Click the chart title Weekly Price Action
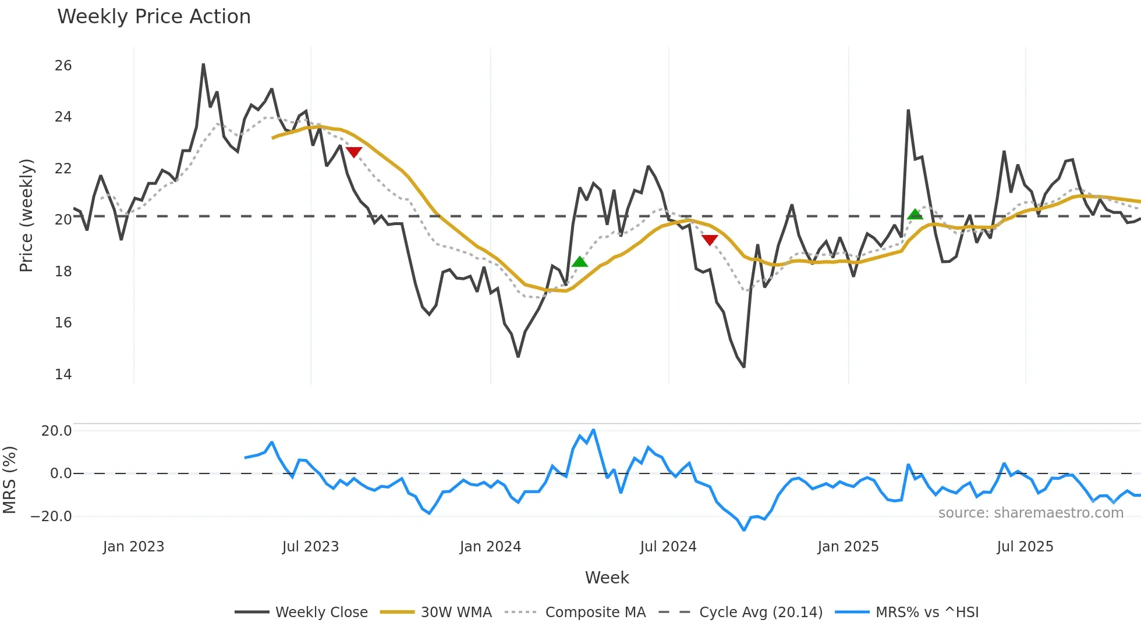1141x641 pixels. (x=154, y=17)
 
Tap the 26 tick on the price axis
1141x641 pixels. (x=63, y=66)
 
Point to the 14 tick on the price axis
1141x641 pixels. (x=63, y=374)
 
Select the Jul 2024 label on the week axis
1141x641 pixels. (x=668, y=547)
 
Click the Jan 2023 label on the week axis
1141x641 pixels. (x=133, y=547)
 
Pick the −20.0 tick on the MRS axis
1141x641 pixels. (x=51, y=516)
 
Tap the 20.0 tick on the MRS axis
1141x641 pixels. (x=56, y=431)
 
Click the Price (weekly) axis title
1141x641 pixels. (x=26, y=215)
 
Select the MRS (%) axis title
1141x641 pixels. (x=9, y=480)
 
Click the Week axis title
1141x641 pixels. (x=607, y=578)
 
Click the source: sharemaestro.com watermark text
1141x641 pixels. (x=1030, y=513)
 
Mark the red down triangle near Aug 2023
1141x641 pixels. (x=354, y=152)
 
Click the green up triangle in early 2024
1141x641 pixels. (x=580, y=262)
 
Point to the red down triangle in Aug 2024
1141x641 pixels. (x=710, y=240)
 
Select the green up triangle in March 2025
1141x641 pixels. (x=915, y=214)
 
